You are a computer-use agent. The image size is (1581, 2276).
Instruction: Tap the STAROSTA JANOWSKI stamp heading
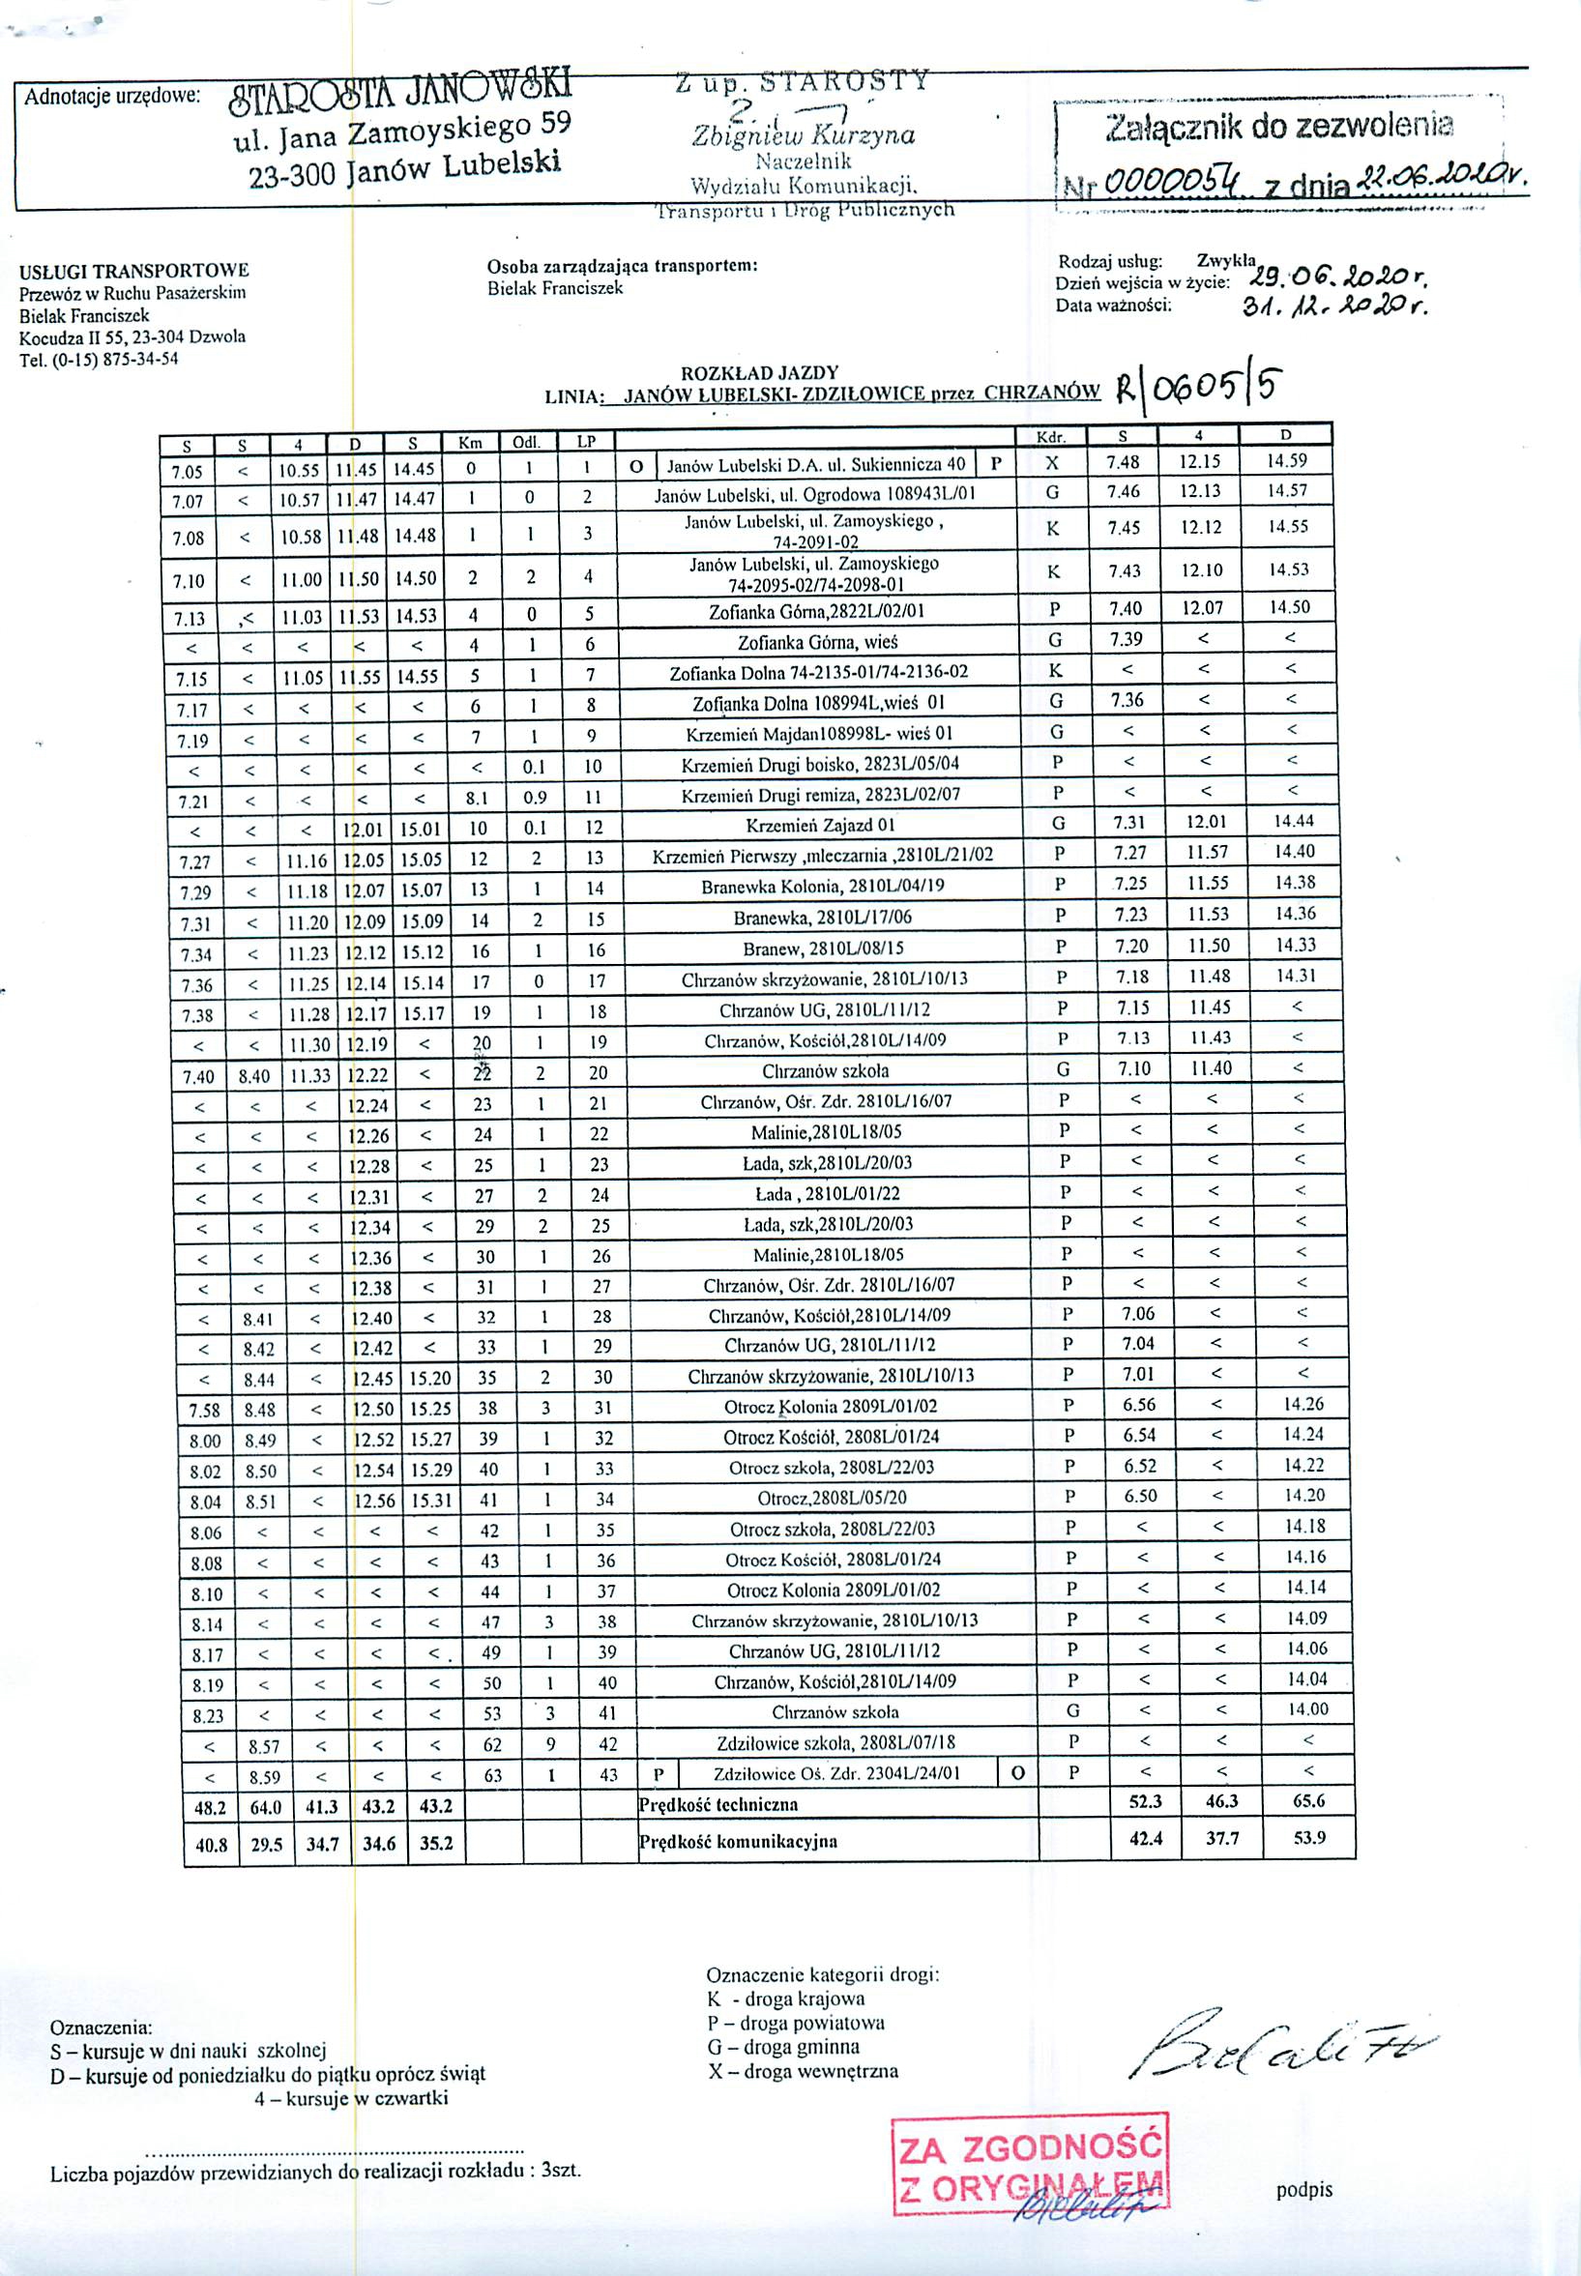[400, 95]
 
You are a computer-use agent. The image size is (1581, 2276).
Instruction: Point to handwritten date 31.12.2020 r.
[1332, 307]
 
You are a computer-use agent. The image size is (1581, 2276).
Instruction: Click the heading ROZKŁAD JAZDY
[759, 373]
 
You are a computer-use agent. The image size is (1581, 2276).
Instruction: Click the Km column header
[471, 443]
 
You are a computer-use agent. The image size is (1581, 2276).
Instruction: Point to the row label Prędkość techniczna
[718, 1804]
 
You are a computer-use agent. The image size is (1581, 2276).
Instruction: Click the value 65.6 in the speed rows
[1308, 1801]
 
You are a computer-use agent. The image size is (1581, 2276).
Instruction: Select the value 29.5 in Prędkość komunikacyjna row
[267, 1844]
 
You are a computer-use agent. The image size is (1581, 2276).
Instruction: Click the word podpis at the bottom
[1303, 2190]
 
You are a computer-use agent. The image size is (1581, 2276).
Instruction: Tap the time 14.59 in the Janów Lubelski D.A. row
[1286, 460]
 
